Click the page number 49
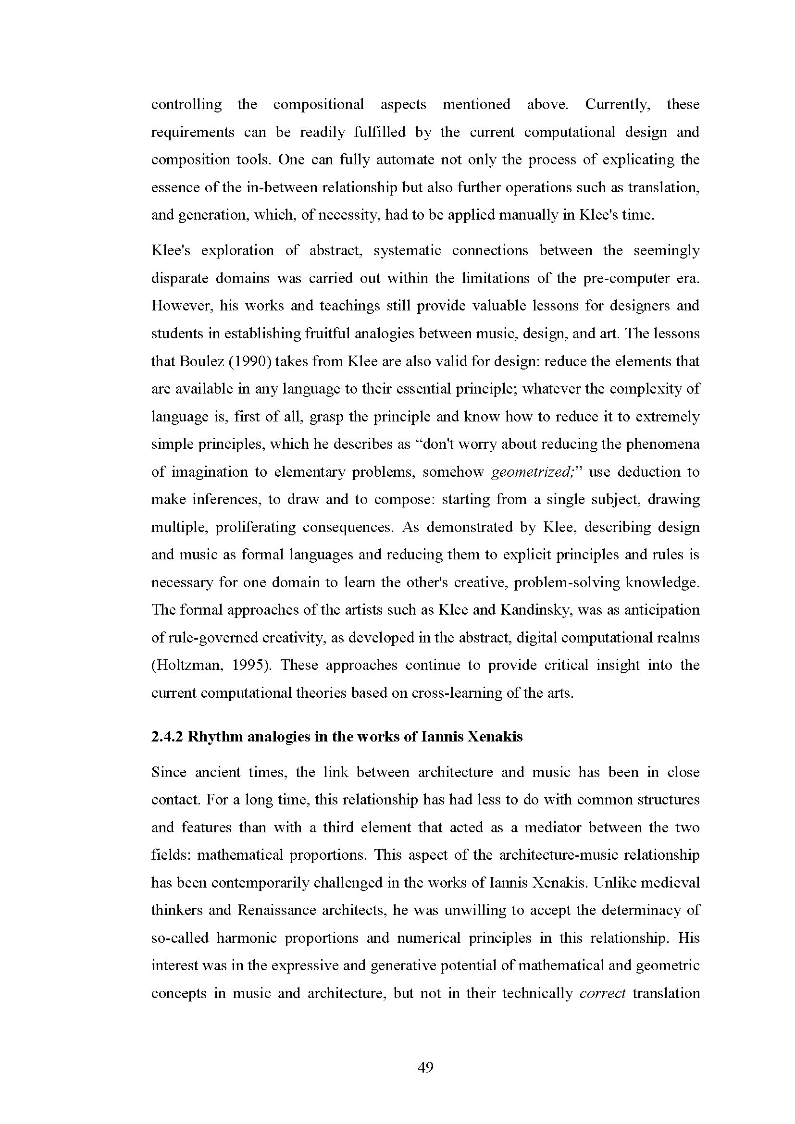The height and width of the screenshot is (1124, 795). point(425,1067)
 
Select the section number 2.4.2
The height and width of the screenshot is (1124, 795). point(166,737)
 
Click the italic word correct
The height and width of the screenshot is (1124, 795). point(603,993)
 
